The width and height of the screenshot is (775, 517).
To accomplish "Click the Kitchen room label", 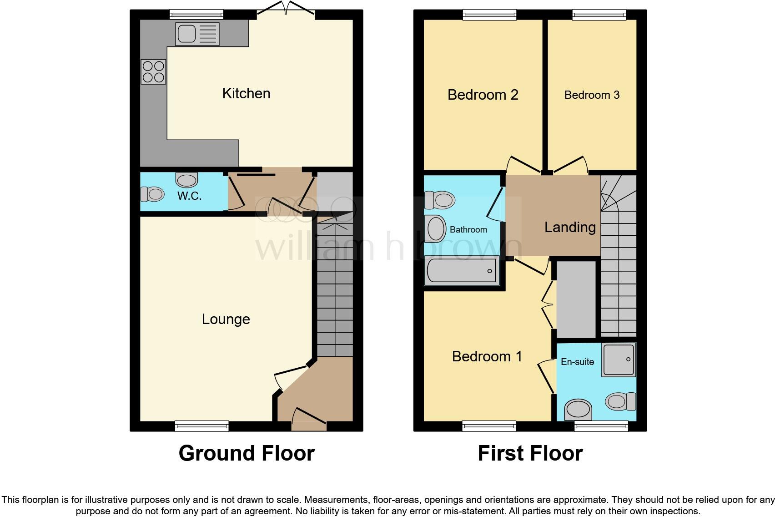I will click(x=246, y=93).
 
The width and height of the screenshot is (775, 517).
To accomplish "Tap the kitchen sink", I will click(x=197, y=34).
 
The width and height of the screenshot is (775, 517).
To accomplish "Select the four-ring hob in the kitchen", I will click(x=153, y=72).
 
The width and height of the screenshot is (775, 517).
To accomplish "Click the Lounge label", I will click(x=226, y=319).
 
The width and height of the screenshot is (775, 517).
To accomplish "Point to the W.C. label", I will click(x=189, y=196).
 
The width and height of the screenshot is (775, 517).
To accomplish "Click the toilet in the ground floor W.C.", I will click(x=152, y=194).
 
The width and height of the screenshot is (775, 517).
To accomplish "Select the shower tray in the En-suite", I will click(x=619, y=360).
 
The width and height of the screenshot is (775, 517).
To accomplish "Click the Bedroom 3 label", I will click(x=592, y=95).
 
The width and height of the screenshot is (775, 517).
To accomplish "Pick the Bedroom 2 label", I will click(x=483, y=95).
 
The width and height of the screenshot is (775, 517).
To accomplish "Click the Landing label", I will click(x=570, y=227).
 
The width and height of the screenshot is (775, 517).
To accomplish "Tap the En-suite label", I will click(x=577, y=362).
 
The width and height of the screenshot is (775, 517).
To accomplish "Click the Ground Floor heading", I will click(x=247, y=453).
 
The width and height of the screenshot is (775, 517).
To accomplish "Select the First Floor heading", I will click(x=530, y=453).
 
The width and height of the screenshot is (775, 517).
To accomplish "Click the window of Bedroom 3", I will click(x=599, y=15).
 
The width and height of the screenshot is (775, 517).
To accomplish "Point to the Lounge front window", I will click(x=201, y=426).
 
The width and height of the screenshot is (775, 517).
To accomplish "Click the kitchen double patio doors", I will click(x=286, y=12).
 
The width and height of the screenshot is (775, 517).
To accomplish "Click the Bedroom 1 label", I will click(x=487, y=356).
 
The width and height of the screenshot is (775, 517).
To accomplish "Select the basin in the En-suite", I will click(x=578, y=409).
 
